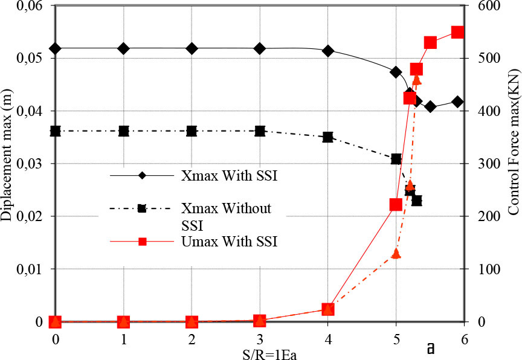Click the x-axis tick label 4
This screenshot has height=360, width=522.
click(328, 339)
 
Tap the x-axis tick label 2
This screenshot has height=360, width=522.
click(192, 339)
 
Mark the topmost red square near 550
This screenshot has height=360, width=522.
click(457, 33)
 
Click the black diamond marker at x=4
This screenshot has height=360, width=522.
click(328, 51)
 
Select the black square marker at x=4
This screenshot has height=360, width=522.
click(328, 138)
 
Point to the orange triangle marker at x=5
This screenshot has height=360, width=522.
click(396, 254)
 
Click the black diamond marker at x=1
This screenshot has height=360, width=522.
click(123, 48)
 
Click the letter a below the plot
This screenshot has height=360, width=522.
click(431, 349)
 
